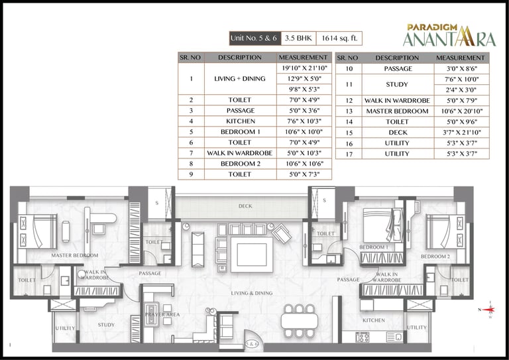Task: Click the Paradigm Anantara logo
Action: [449, 35]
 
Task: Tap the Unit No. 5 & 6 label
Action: [254, 38]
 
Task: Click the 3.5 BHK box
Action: [298, 38]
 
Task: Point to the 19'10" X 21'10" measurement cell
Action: [304, 68]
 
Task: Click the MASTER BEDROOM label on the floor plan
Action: [75, 255]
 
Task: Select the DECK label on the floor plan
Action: [245, 206]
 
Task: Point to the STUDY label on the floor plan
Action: [107, 325]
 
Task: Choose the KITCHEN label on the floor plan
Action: [374, 320]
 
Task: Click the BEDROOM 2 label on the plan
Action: [435, 256]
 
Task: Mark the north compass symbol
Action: [490, 310]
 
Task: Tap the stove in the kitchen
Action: [363, 337]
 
